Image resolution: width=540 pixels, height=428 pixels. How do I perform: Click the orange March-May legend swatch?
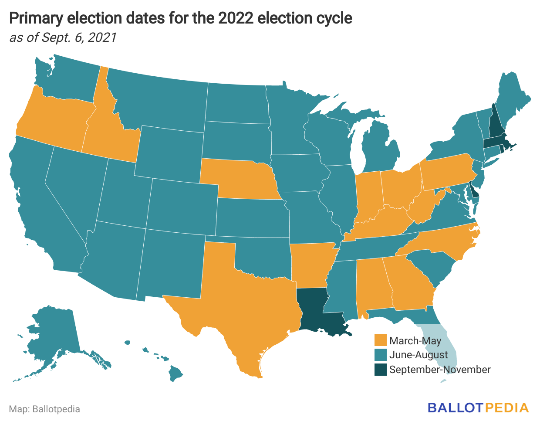pos(381,340)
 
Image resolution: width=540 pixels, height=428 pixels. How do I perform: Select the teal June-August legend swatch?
pos(381,355)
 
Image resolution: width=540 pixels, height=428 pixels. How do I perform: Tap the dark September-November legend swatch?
pos(381,370)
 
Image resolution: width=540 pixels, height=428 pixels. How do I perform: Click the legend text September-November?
pos(440,370)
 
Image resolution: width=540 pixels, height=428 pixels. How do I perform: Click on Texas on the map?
pos(244,305)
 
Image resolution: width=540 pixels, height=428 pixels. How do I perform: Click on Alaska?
pos(52,331)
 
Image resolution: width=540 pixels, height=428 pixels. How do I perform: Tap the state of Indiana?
pos(368,194)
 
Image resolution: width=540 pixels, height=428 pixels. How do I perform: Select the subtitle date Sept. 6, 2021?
pos(78,37)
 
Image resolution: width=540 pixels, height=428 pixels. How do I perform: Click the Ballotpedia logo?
pos(478,408)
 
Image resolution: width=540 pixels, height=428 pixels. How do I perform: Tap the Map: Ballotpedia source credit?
pos(44,409)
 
